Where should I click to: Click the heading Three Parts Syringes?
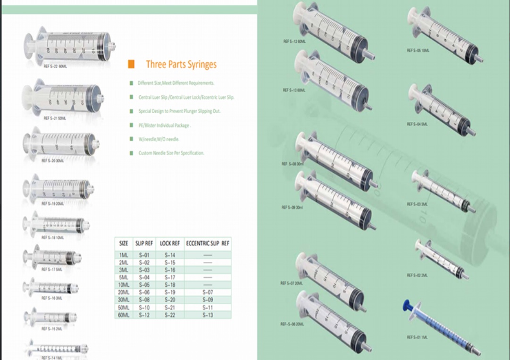click(x=181, y=64)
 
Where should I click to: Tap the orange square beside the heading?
click(x=131, y=64)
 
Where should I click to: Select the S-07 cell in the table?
click(x=208, y=293)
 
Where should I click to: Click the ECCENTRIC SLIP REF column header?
click(x=208, y=243)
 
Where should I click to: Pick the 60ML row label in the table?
click(x=123, y=315)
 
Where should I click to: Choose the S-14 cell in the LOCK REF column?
click(x=170, y=255)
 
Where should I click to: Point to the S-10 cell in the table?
click(x=144, y=307)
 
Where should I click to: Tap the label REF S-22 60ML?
click(x=56, y=67)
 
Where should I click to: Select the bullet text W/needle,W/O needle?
click(x=159, y=139)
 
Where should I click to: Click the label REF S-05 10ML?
click(x=418, y=50)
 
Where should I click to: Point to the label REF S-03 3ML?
click(x=417, y=204)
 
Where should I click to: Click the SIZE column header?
click(x=123, y=243)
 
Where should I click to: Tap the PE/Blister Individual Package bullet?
click(x=164, y=126)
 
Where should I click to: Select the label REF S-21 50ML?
click(x=55, y=118)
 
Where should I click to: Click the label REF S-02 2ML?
click(x=417, y=275)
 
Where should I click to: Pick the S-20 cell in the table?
click(x=170, y=300)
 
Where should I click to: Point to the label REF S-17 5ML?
click(x=52, y=269)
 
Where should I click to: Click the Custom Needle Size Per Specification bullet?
click(x=171, y=153)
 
